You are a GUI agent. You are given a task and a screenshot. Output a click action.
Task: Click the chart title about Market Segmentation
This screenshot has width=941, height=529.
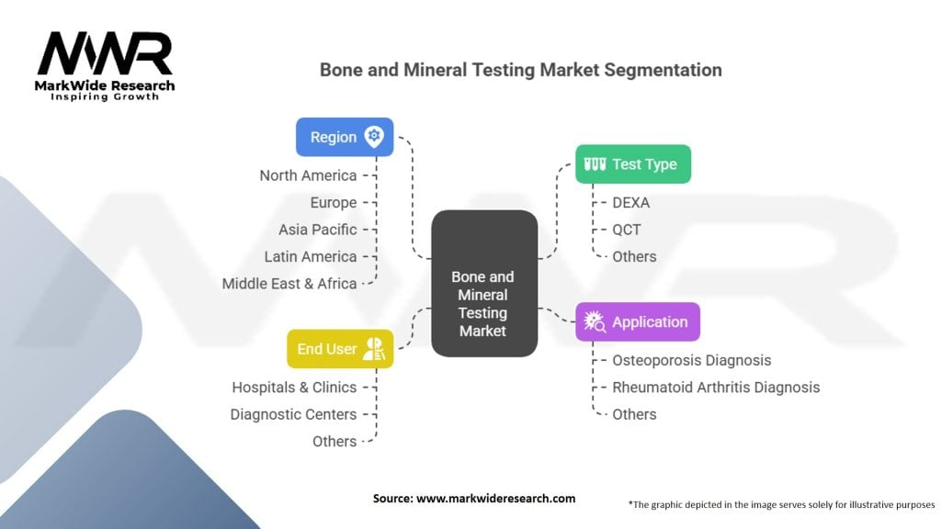tap(520, 70)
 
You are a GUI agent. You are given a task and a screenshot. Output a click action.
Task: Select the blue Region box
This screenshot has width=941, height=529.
tap(345, 137)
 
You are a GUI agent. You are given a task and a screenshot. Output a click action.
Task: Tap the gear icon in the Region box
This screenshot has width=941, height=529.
tap(373, 137)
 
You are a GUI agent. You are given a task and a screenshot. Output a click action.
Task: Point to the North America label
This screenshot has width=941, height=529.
tap(308, 175)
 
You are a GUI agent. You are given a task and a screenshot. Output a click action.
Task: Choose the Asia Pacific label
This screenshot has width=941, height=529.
tap(318, 230)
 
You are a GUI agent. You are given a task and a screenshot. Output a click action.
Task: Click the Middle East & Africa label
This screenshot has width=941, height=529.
tap(289, 284)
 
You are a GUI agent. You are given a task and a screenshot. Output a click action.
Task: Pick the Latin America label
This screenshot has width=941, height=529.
tap(311, 256)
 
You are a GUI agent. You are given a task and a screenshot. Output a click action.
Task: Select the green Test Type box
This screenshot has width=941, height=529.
tap(632, 164)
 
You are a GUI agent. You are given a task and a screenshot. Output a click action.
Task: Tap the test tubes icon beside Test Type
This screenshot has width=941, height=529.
tap(595, 164)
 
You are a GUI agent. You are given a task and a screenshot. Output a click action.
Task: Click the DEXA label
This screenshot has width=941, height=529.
tap(631, 202)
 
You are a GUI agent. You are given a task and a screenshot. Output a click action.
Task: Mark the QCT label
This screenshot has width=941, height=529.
tap(627, 230)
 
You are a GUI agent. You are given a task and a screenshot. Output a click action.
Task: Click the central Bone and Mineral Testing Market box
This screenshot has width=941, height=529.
tap(483, 284)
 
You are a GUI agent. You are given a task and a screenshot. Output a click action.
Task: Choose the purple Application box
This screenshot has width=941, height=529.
tap(637, 322)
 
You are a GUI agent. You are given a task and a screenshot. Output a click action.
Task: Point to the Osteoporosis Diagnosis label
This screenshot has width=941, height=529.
tap(692, 360)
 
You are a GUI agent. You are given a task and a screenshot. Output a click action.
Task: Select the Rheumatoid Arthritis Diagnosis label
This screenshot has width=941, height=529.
tap(716, 388)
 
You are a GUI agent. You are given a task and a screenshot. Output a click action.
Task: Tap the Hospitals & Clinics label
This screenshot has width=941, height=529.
tap(294, 388)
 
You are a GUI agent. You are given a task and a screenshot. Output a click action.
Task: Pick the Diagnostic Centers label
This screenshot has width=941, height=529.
tap(293, 414)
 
